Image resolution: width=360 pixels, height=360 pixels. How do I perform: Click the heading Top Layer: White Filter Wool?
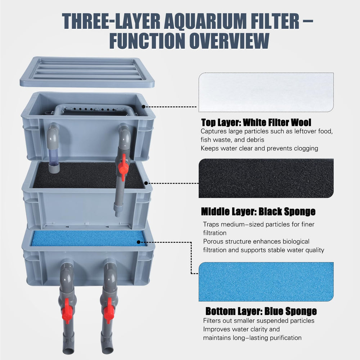click(x=256, y=122)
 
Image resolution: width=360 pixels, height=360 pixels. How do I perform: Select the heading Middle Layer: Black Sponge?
click(x=258, y=211)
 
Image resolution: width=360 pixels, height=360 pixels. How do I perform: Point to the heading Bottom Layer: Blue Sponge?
click(x=261, y=311)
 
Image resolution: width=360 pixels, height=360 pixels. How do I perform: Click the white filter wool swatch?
click(x=266, y=92)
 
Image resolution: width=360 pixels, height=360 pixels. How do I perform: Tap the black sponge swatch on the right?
click(x=266, y=178)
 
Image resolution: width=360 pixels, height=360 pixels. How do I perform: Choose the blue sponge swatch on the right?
click(x=266, y=282)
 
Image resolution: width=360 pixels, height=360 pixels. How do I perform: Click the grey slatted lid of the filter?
click(x=87, y=72)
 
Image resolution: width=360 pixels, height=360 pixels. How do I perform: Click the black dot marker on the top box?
click(x=144, y=107)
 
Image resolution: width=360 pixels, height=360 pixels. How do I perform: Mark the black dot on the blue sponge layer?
click(x=139, y=242)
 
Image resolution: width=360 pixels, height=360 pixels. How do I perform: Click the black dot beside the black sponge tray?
click(x=146, y=183)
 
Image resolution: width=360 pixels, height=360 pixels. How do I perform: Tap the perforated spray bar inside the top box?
click(x=92, y=109)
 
